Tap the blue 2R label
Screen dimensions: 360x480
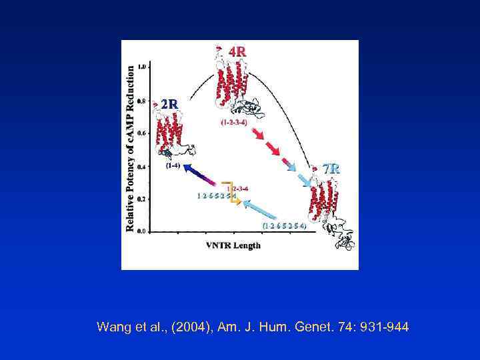tap(169, 104)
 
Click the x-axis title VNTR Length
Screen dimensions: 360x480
tap(233, 245)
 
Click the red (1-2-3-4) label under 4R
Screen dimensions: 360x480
tap(235, 122)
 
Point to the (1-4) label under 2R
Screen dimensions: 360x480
tap(172, 164)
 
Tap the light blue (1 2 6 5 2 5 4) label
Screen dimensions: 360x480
tap(285, 226)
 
